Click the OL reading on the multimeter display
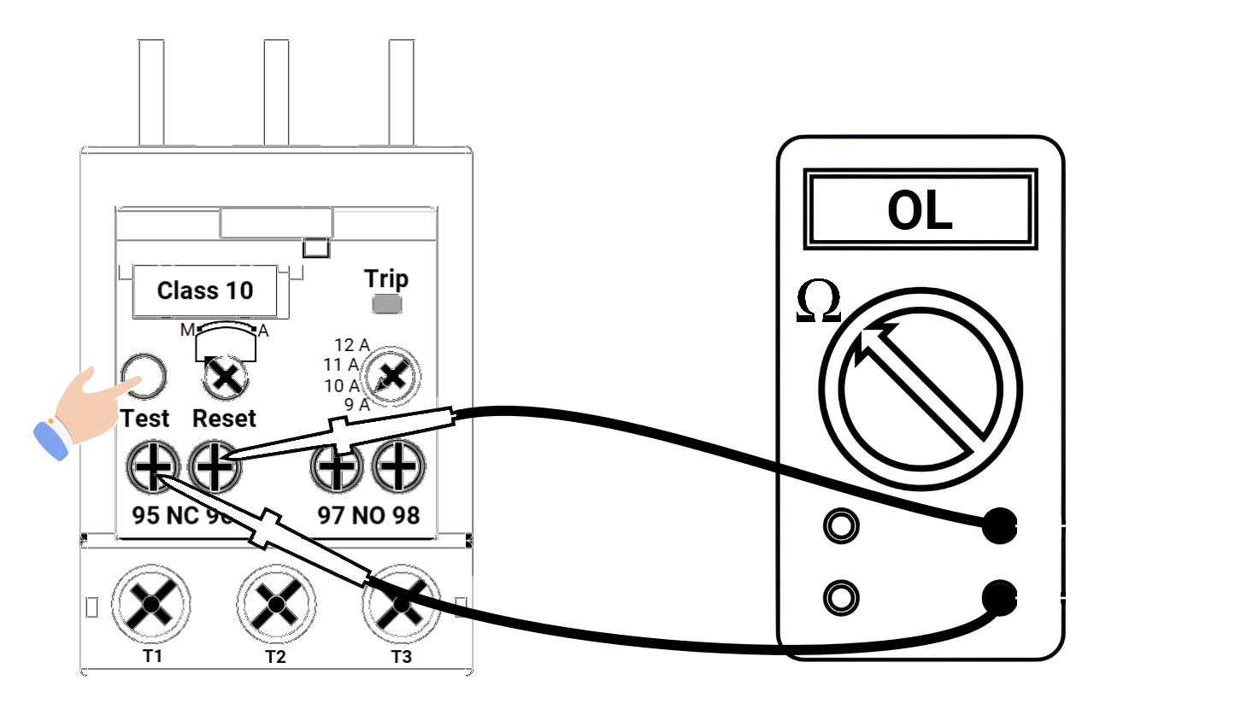tap(920, 209)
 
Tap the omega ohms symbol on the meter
tap(817, 303)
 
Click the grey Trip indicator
tap(386, 304)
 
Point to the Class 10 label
tap(205, 290)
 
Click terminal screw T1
tap(150, 604)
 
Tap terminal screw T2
tap(275, 604)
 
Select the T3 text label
tap(401, 656)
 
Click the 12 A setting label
tap(351, 345)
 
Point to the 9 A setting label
tap(356, 405)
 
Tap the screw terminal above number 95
tap(153, 467)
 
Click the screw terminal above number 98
tap(398, 467)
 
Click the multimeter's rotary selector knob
tap(920, 389)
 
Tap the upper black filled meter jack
tap(998, 525)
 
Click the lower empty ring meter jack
tap(841, 597)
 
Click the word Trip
tap(386, 278)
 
